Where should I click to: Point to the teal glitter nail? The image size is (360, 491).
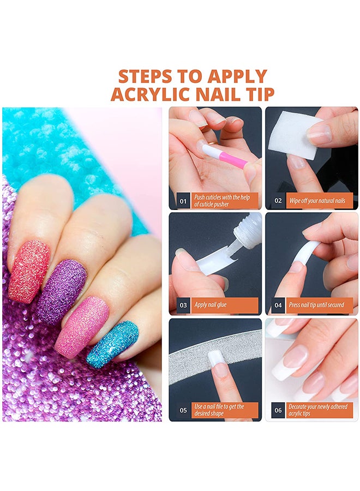coord(112,344)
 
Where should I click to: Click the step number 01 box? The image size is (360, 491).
coord(183,201)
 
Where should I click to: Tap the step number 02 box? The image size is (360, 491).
coord(278,200)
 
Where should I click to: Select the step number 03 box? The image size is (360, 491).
coord(183,305)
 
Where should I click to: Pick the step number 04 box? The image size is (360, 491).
coord(278,305)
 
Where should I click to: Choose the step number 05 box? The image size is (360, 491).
coord(183,410)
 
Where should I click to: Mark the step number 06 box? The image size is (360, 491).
coord(278,410)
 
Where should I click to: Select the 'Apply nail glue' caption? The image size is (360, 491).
coord(211,304)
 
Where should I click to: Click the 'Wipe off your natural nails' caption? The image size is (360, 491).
coord(317,201)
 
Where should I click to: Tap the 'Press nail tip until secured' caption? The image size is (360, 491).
coord(316,304)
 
